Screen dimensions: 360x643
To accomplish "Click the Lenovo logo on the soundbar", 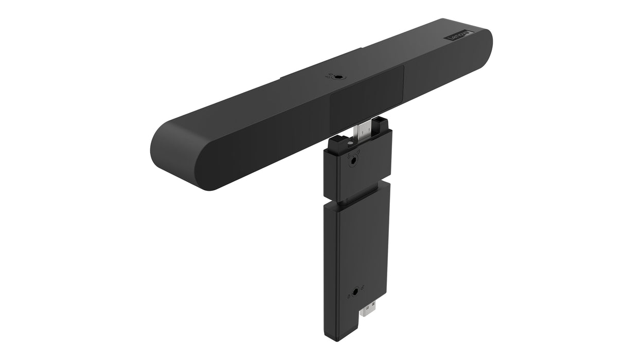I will pos(459,35).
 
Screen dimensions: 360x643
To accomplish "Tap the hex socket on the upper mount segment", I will pos(353,161).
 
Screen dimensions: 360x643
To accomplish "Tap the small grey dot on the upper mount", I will pos(350,144).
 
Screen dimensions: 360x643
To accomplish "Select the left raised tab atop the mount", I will pos(337,139).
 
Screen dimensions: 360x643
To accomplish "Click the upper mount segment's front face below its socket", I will pos(358,180).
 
